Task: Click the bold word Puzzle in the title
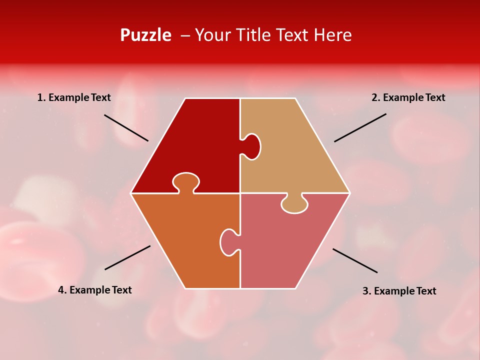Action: point(145,35)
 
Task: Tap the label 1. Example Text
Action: point(74,97)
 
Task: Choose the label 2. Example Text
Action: point(408,97)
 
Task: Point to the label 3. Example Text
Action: point(399,291)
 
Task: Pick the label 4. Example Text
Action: point(95,290)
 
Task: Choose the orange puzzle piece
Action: point(185,240)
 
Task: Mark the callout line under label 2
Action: point(360,127)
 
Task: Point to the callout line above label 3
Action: point(355,260)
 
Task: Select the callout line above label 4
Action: point(127,257)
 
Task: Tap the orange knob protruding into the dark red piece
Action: point(186,182)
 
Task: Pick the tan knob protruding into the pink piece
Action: point(294,203)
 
